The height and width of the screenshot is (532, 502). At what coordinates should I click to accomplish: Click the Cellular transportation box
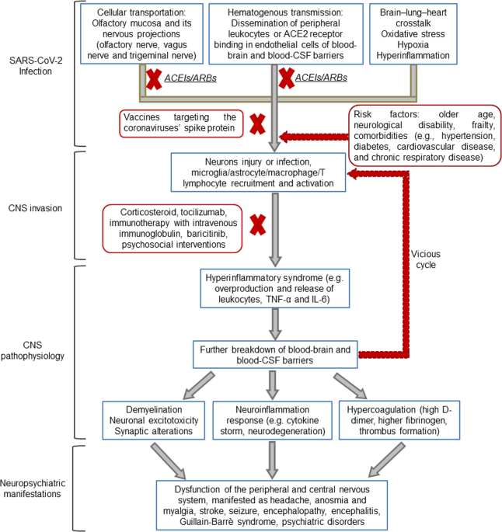coord(141,33)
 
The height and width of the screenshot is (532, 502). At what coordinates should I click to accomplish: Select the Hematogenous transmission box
coord(286,33)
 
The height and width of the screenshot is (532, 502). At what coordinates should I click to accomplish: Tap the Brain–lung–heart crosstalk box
coord(413,33)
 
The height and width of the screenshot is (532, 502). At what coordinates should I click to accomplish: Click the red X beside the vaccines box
coord(258,124)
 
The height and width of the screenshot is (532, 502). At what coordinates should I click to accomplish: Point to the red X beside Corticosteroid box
coord(258,224)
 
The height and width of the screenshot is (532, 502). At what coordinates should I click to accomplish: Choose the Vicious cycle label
coord(426,259)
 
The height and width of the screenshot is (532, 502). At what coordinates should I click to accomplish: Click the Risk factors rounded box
coord(424,135)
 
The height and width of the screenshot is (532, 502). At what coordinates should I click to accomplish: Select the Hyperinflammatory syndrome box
coord(275,288)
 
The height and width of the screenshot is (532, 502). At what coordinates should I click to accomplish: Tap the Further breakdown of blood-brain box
coord(275,355)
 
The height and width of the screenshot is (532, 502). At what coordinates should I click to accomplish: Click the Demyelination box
coord(154,420)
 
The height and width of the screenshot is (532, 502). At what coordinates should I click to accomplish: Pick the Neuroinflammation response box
coord(273,420)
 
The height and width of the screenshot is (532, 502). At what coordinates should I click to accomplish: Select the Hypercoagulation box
coord(399,420)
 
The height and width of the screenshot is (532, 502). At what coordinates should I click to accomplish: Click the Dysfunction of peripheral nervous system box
coord(272,505)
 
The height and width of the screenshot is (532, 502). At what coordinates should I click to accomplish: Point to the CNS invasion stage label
coord(35,208)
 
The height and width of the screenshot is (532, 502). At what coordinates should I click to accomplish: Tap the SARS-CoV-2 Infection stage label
coord(36,66)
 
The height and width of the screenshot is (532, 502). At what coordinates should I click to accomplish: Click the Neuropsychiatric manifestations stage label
coord(33,489)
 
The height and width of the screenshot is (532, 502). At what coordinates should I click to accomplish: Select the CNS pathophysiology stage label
coord(33,350)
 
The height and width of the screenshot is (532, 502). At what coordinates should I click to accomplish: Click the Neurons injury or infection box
coord(258,172)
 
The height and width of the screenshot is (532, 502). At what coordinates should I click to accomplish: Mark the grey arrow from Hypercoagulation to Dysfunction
coord(387,460)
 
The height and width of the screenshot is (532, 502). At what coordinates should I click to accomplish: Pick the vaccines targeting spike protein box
coord(181,123)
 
